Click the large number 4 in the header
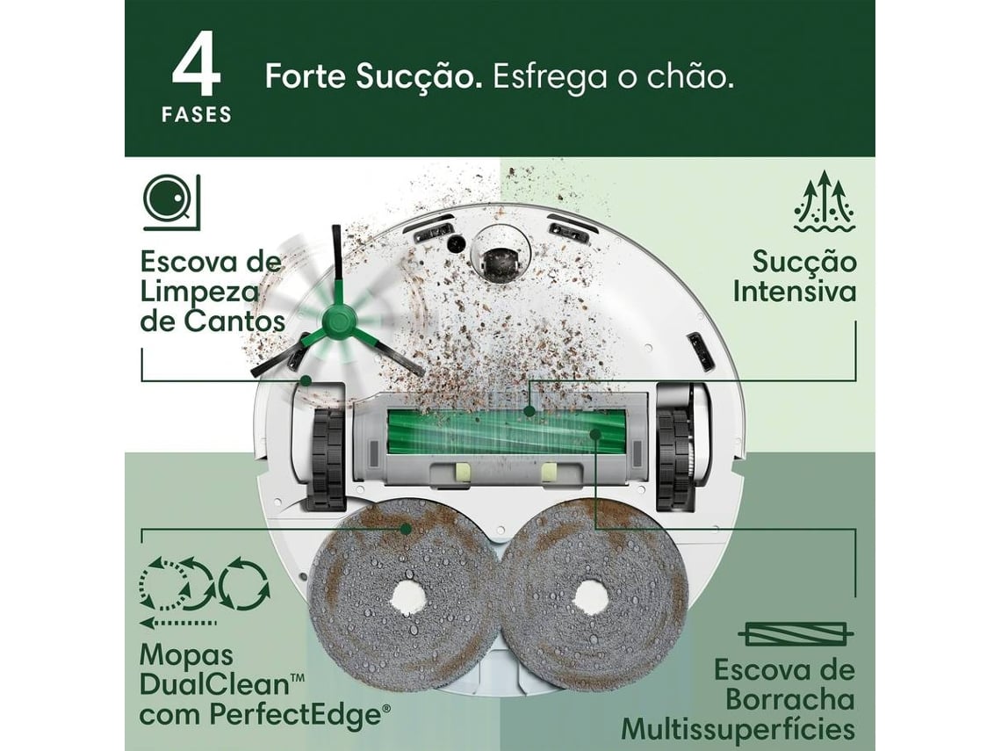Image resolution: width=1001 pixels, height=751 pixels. click(198, 68)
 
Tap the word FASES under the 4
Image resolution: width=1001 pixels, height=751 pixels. click(198, 115)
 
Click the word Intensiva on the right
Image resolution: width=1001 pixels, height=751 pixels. click(794, 292)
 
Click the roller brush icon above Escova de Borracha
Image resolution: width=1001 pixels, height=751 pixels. click(796, 634)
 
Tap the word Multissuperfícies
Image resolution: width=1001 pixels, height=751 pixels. click(738, 729)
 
